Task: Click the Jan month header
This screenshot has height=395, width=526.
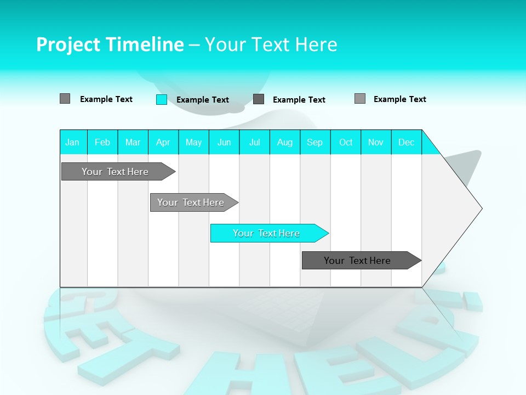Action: click(x=72, y=142)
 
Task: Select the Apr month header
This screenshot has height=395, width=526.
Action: click(x=163, y=142)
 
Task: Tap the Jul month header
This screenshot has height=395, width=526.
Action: click(x=254, y=142)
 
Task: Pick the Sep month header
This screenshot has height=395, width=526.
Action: click(x=315, y=142)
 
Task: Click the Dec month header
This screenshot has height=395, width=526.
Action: click(x=406, y=142)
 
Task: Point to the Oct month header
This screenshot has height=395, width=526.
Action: click(x=346, y=142)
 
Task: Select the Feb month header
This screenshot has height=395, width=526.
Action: click(x=102, y=142)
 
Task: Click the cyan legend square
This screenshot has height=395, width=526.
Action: click(x=162, y=99)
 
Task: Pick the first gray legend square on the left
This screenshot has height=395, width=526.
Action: click(x=65, y=99)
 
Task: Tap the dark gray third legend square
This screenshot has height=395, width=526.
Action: click(x=259, y=99)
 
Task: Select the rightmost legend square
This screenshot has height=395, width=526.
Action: click(x=360, y=99)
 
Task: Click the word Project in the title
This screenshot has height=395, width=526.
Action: click(x=67, y=44)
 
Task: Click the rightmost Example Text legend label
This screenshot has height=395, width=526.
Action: click(x=399, y=99)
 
